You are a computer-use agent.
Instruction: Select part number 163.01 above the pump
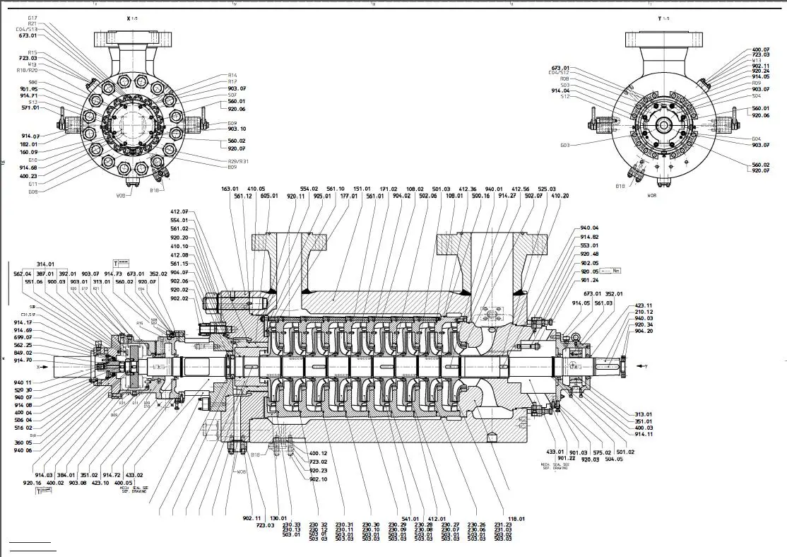[230, 189]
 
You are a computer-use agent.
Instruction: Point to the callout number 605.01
[269, 196]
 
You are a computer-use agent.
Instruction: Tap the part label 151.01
[362, 189]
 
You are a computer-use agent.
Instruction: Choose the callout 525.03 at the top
[547, 189]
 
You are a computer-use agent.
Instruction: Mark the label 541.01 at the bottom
[410, 518]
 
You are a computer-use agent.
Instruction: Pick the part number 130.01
[279, 518]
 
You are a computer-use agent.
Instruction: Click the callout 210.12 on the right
[644, 312]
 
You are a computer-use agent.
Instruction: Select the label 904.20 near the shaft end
[644, 331]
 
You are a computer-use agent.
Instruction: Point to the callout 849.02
[23, 353]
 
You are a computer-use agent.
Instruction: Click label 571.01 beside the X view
[29, 108]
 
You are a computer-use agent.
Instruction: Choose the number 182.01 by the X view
[29, 144]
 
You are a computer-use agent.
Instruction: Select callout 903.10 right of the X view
[237, 129]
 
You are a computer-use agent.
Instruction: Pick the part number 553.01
[589, 245]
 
